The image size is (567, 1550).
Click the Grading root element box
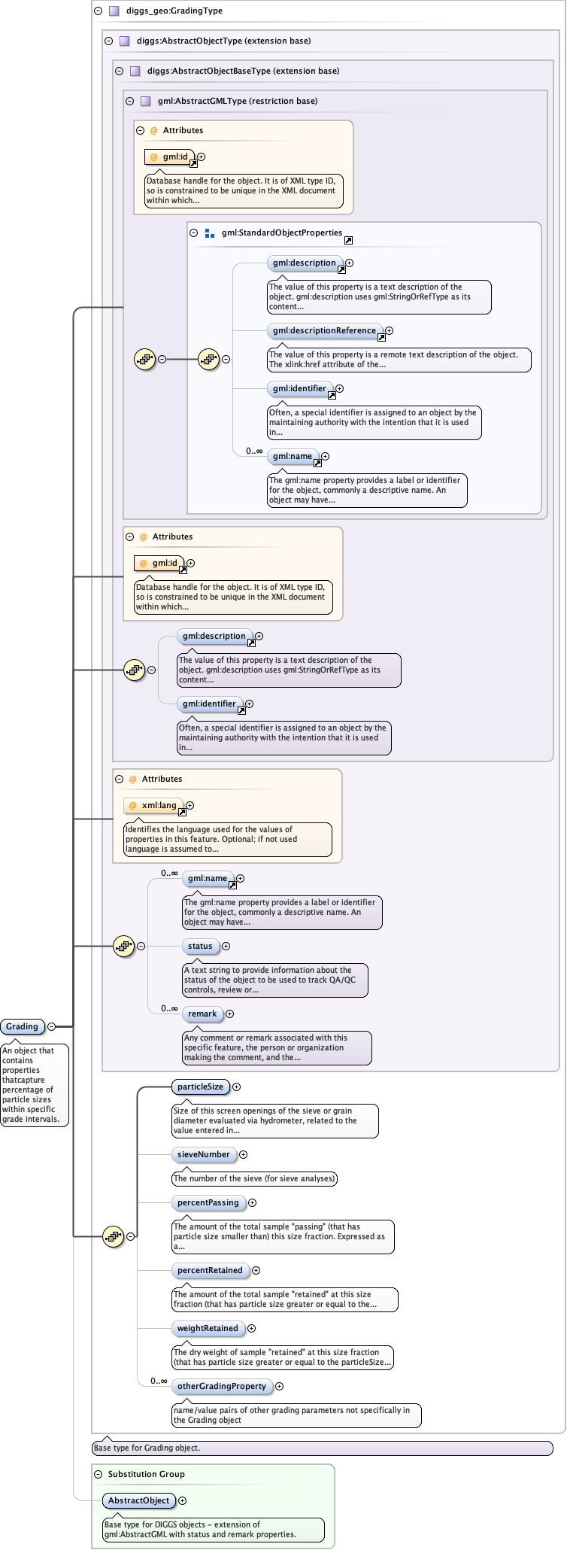(22, 1026)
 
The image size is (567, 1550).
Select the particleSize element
(200, 1087)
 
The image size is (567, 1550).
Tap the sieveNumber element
(204, 1154)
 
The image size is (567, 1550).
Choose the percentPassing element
(208, 1202)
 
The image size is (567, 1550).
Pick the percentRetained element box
(210, 1270)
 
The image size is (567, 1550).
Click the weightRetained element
(208, 1328)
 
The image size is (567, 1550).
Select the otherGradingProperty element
(222, 1386)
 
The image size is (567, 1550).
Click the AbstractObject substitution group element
(138, 1500)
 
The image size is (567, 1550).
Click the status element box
(200, 946)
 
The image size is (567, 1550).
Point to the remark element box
(202, 1014)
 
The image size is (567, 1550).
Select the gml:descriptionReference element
(324, 330)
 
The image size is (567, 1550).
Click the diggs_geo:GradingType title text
(174, 11)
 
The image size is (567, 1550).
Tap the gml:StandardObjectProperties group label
(281, 233)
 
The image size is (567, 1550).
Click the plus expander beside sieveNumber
(243, 1154)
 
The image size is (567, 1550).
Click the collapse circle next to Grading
(51, 1026)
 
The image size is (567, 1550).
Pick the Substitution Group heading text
(146, 1474)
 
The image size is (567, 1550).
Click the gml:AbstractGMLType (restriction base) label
(237, 101)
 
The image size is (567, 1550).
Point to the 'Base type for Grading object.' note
(147, 1448)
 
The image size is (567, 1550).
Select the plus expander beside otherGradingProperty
(279, 1386)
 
